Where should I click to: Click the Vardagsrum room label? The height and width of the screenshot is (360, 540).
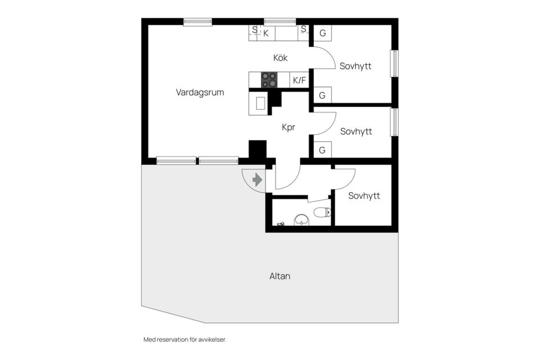tap(200, 92)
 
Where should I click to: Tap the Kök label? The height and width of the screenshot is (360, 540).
tap(280, 57)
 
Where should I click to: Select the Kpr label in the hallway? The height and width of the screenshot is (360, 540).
tap(288, 128)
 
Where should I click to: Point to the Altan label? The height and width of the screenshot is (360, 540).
tap(280, 276)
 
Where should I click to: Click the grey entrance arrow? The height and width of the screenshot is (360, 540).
tap(257, 180)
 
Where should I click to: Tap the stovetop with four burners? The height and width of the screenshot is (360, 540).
tap(269, 79)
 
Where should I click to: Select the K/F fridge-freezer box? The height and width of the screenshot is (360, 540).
tap(299, 80)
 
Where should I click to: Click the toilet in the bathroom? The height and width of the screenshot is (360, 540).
tap(322, 212)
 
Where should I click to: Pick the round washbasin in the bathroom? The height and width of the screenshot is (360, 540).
tap(303, 220)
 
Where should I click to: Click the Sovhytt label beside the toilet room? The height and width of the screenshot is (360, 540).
tap(364, 196)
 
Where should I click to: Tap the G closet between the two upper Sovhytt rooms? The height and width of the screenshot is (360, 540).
tap(322, 95)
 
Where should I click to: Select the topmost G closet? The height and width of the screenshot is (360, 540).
tap(323, 33)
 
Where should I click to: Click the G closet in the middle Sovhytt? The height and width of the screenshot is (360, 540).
tap(322, 150)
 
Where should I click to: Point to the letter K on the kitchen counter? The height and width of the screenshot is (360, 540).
tap(266, 33)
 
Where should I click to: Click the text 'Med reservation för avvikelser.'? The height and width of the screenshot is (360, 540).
tap(185, 339)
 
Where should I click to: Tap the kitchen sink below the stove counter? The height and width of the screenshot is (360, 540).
tap(260, 103)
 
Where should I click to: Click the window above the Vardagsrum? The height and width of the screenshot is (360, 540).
tap(197, 22)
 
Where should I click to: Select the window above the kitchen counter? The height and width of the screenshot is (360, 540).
tap(280, 22)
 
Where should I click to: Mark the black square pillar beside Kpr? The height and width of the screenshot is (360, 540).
tap(258, 149)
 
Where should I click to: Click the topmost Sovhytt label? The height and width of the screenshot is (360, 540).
tap(355, 66)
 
